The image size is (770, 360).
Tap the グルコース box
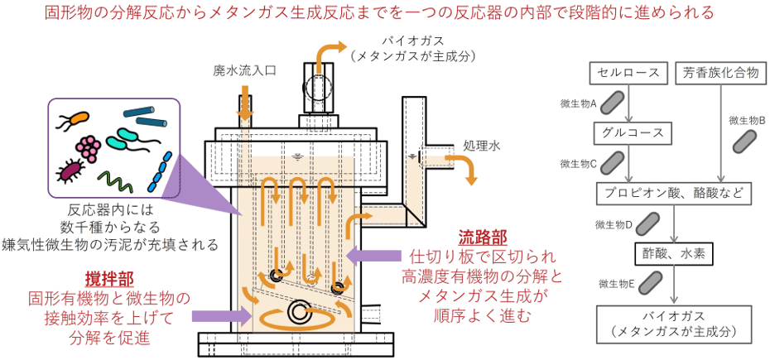[629, 133]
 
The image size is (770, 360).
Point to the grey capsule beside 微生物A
[613, 102]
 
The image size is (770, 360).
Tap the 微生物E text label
[618, 283]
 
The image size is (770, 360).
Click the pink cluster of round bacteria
[89, 146]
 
